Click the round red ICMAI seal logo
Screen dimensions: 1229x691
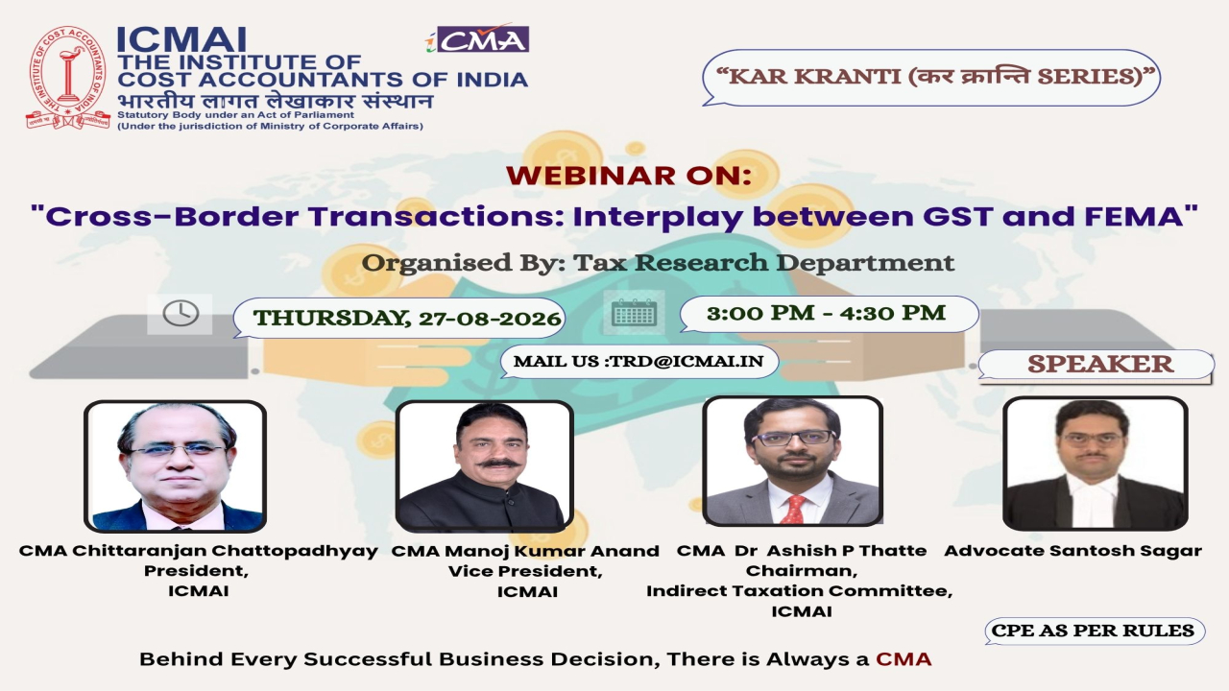point(68,78)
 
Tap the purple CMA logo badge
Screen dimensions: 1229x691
point(477,39)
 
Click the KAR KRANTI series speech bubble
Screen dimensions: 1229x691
point(931,78)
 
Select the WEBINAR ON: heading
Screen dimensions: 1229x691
point(628,176)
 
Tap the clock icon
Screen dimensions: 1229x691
point(181,314)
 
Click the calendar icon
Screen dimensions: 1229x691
point(634,313)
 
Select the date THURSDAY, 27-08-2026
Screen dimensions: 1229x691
point(407,318)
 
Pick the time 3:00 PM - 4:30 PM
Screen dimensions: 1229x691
point(827,313)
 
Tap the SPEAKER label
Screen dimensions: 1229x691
point(1100,364)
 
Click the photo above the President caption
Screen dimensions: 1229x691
point(175,466)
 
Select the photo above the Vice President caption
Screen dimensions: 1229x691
point(485,466)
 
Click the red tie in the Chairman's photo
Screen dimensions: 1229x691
point(793,509)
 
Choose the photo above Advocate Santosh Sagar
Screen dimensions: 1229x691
point(1096,464)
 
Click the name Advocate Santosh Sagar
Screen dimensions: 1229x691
point(1072,551)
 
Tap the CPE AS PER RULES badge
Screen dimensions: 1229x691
point(1095,631)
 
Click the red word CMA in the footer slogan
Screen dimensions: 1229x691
point(904,658)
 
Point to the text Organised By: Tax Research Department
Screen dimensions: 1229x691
point(658,263)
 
